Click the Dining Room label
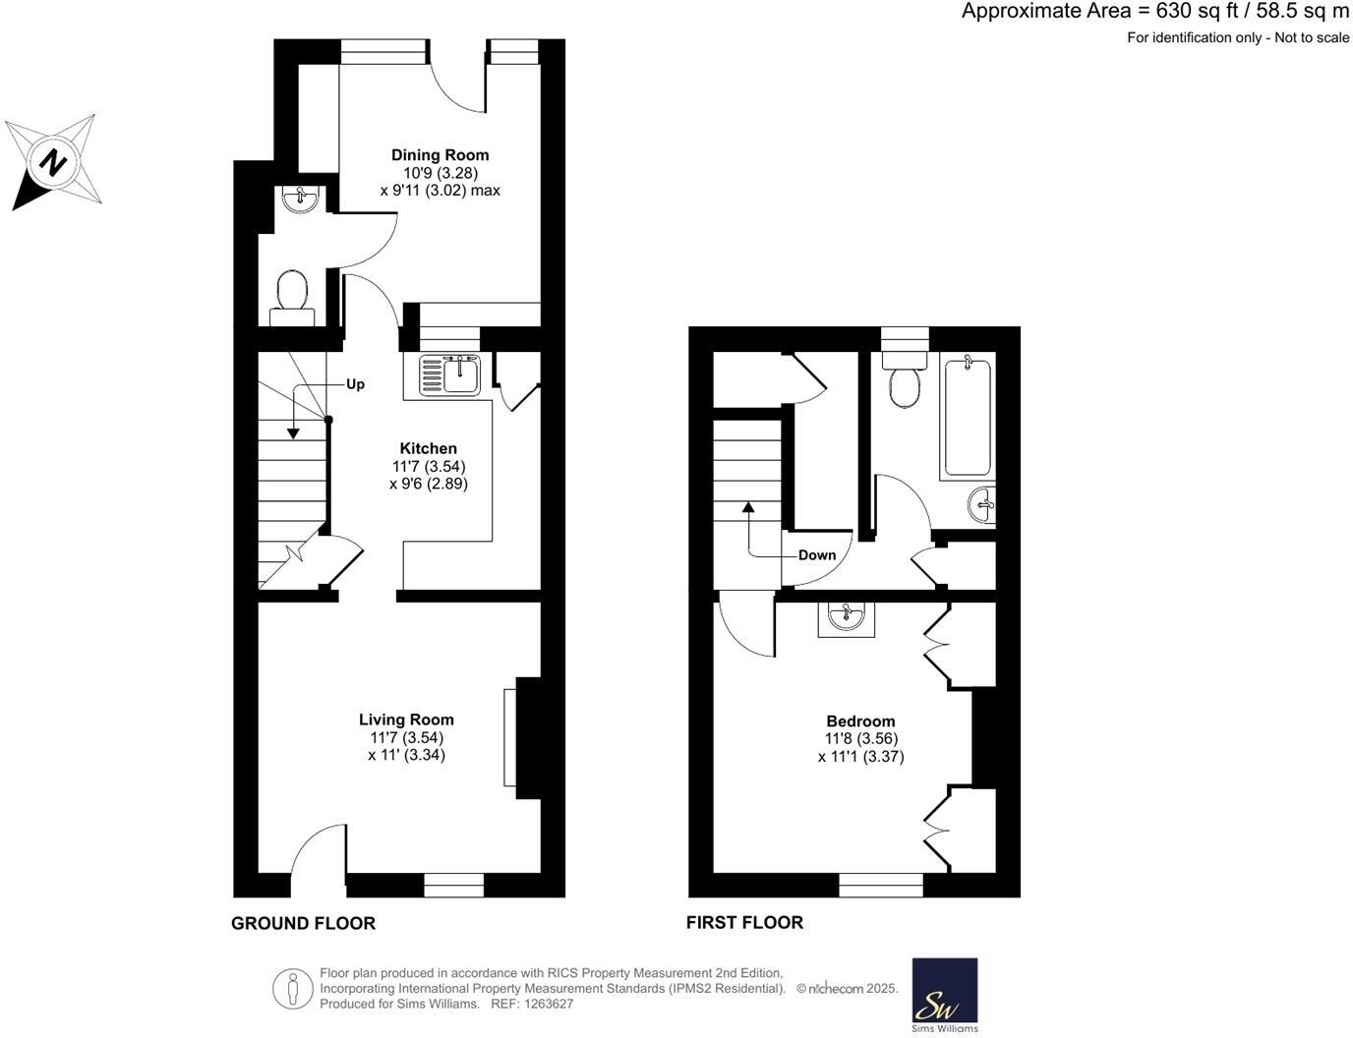coord(440,155)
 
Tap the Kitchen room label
coord(428,448)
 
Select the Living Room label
coord(406,720)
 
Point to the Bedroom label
coord(860,721)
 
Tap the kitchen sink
coord(449,375)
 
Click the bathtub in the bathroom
coord(967,418)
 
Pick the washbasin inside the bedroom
coord(846,618)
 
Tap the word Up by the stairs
coord(355,384)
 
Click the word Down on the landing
coord(816,555)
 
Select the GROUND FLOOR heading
coord(303,923)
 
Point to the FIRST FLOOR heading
coord(744,922)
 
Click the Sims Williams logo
coord(945,995)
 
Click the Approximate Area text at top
coord(1155,12)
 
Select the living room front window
coord(454,887)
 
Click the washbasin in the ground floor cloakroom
coord(299,201)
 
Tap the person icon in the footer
coord(292,989)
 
